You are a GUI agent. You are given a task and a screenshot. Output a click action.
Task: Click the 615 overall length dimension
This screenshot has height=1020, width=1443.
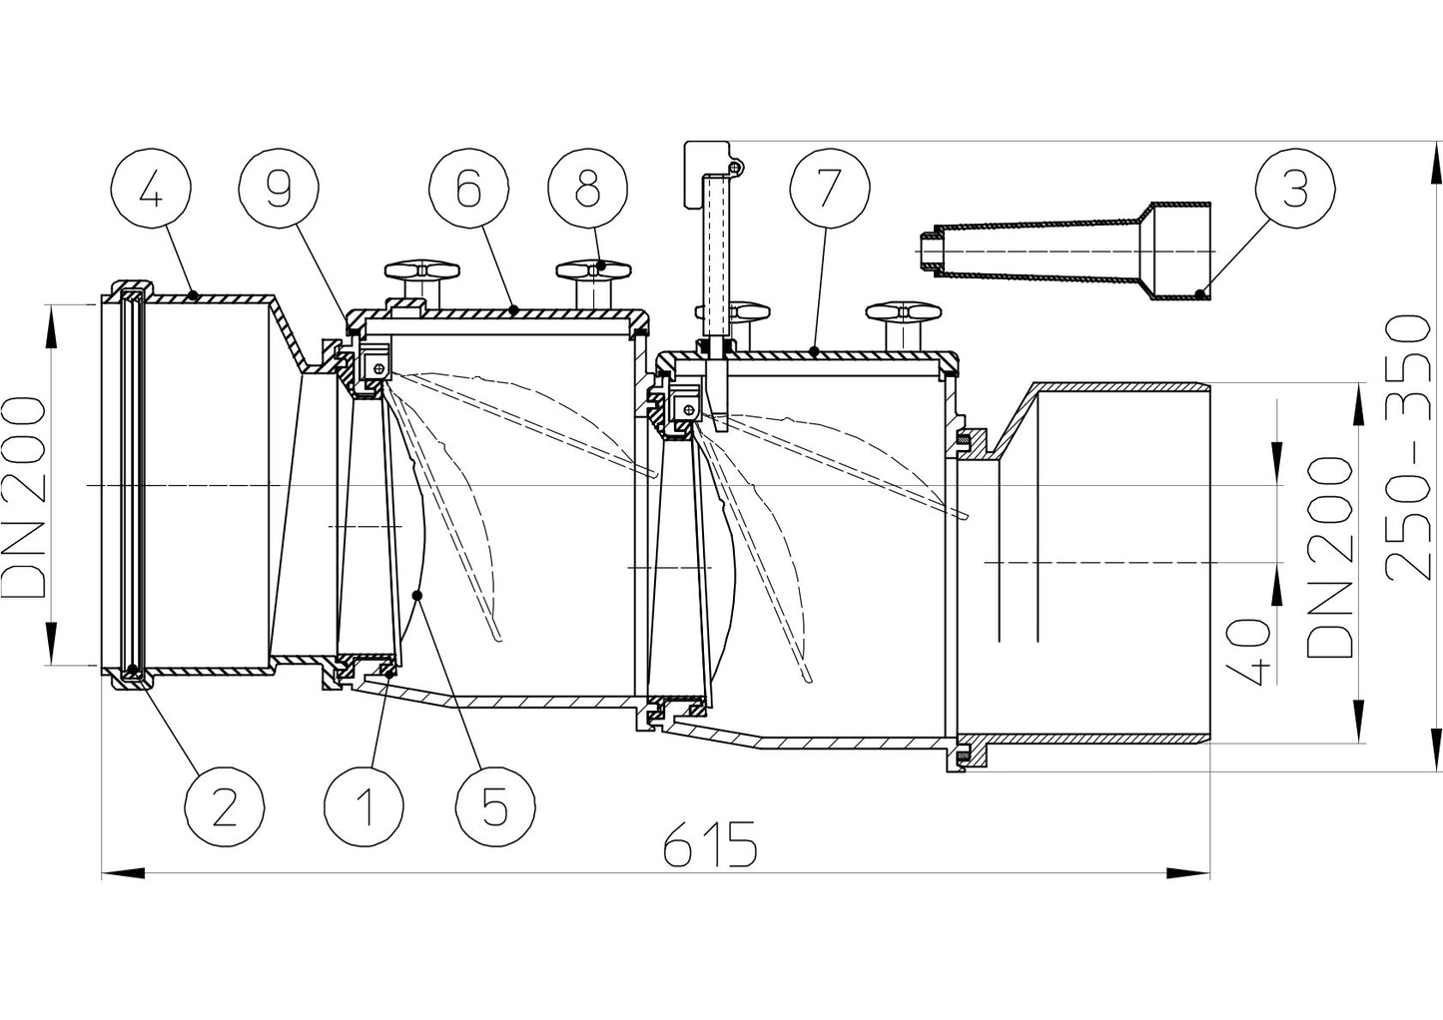(x=710, y=848)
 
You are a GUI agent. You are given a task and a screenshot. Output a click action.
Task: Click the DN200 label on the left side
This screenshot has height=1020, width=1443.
(x=24, y=484)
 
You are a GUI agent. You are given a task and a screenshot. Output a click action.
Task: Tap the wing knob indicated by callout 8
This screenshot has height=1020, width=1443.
(x=595, y=269)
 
